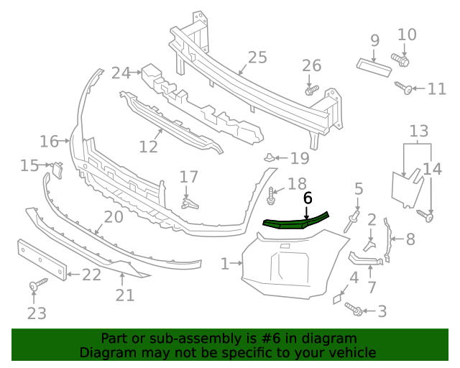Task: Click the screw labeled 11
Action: [404, 88]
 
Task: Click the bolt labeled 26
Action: [310, 91]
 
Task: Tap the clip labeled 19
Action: [270, 157]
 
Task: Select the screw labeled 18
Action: [272, 193]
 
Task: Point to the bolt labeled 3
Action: [353, 308]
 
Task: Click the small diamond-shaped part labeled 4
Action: [337, 297]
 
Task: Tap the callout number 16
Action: [49, 141]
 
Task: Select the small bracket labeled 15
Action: [57, 170]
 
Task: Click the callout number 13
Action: [418, 131]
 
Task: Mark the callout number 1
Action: [225, 264]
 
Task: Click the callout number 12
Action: [148, 147]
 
